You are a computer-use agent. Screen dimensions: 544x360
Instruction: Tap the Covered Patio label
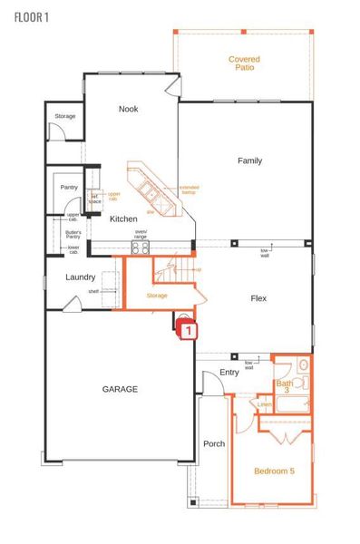[x=244, y=63]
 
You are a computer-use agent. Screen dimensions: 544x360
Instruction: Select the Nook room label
[x=129, y=109]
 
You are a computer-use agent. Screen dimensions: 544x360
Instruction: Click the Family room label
[x=249, y=160]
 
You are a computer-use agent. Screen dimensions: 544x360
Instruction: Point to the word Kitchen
[x=123, y=219]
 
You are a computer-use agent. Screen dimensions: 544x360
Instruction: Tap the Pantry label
[x=69, y=188]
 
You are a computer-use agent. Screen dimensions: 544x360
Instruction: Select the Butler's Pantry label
[x=73, y=234]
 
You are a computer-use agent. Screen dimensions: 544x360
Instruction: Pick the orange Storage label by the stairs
[x=156, y=296]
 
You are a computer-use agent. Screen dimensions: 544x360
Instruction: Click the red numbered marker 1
[x=188, y=331]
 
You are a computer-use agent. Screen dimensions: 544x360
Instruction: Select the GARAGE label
[x=120, y=389]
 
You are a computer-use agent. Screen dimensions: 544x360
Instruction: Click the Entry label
[x=229, y=373]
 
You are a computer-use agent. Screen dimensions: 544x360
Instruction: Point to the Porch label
[x=214, y=443]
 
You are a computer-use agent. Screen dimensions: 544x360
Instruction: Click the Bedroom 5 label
[x=274, y=471]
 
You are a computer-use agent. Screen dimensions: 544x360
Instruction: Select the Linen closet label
[x=264, y=404]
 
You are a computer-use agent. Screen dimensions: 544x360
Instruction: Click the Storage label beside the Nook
[x=64, y=116]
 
